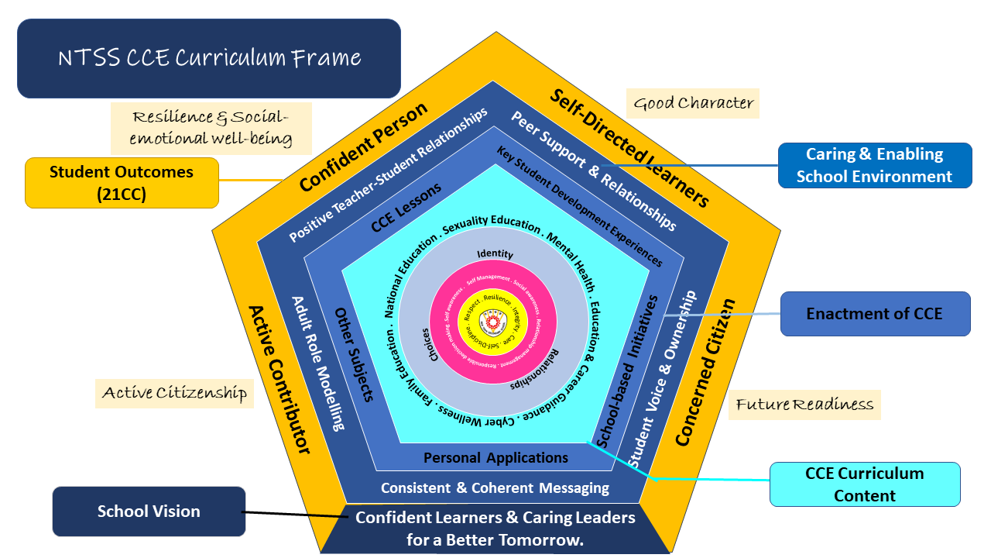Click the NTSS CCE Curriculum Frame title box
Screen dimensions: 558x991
[x=209, y=58]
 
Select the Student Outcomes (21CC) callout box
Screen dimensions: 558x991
[x=122, y=183]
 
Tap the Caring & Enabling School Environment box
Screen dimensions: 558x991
[x=874, y=165]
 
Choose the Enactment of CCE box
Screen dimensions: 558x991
[x=874, y=314]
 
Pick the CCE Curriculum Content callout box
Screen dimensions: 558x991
[x=864, y=484]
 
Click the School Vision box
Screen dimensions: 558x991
[x=149, y=511]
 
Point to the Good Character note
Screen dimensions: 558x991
[x=693, y=102]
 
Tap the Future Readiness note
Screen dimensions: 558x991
[x=804, y=404]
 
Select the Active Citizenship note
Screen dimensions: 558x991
[x=174, y=393]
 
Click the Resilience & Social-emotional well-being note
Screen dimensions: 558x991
[x=211, y=128]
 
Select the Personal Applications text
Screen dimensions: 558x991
[x=495, y=458]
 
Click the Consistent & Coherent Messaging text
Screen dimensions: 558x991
[x=495, y=488]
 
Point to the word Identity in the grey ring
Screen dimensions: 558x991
[x=495, y=254]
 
